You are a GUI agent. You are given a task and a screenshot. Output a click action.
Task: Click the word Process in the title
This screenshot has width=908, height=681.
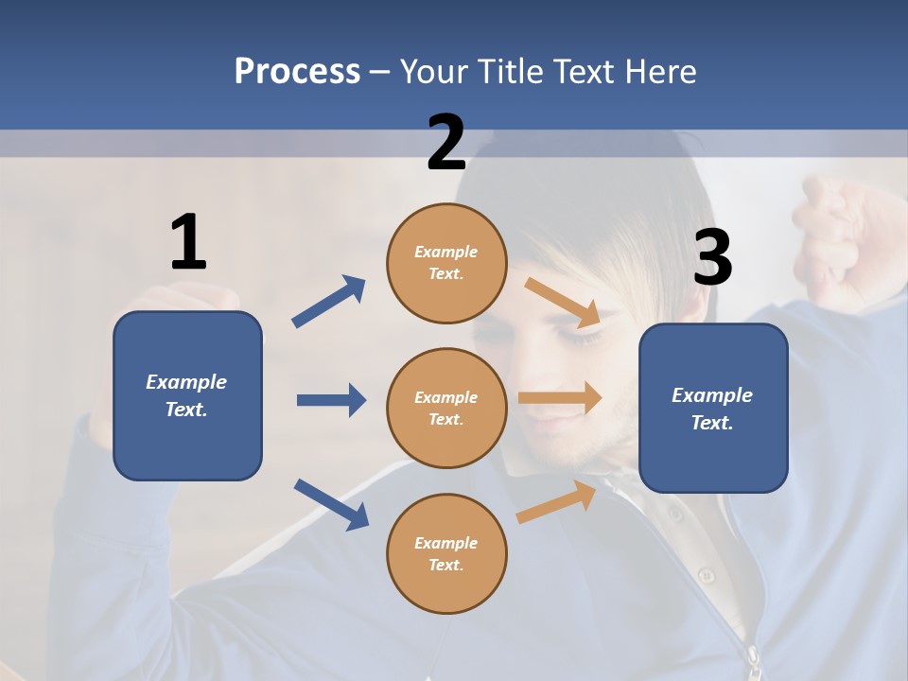click(x=297, y=71)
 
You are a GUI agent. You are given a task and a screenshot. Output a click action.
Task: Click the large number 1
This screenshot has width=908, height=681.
click(x=188, y=243)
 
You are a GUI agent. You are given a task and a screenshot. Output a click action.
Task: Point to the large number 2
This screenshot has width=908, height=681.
click(x=446, y=143)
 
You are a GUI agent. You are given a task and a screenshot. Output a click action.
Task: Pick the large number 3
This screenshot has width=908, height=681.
click(x=712, y=257)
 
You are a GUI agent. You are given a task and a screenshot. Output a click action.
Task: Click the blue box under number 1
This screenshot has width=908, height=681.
click(x=187, y=395)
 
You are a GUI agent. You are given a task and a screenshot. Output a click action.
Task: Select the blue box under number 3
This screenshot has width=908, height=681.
click(x=713, y=409)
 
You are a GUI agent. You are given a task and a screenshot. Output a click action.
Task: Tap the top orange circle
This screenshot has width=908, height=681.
click(x=446, y=263)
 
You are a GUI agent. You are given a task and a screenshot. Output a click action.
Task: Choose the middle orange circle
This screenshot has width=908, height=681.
click(x=446, y=408)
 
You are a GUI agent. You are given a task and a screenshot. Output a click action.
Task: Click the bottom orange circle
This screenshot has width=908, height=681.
click(x=446, y=553)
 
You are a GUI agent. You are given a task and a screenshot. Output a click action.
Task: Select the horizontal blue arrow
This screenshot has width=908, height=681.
click(x=331, y=400)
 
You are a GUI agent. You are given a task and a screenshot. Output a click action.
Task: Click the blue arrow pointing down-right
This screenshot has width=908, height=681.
click(x=331, y=504)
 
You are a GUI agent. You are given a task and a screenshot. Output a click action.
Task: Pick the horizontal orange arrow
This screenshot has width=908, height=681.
click(x=560, y=398)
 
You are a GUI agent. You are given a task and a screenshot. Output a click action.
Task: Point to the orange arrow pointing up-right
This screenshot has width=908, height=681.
click(x=556, y=501)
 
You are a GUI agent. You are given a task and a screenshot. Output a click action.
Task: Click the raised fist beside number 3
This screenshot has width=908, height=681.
click(x=837, y=222)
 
